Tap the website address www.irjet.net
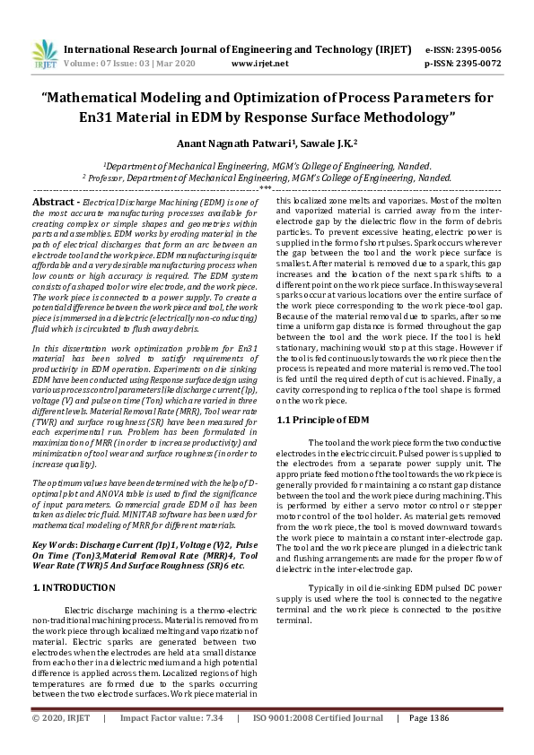pos(259,64)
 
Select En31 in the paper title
pos(96,117)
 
